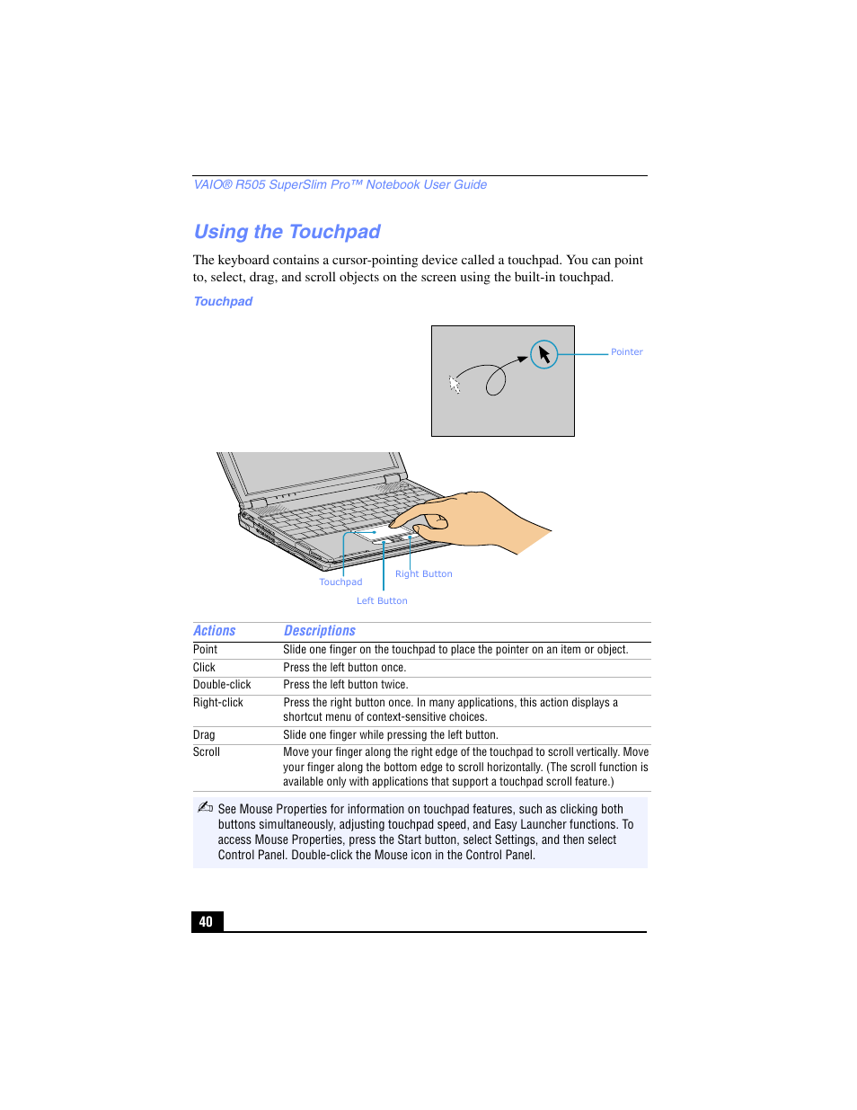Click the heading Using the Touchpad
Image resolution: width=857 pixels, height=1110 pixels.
pos(287,232)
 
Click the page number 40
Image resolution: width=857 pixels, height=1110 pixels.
pos(207,921)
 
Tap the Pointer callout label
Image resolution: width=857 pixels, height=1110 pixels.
pos(626,352)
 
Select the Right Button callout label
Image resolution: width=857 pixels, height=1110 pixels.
pos(423,574)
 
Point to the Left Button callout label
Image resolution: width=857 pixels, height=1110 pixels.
pos(382,601)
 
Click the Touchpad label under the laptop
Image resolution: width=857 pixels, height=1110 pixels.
pos(340,582)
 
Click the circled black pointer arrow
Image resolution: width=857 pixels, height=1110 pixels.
pos(544,354)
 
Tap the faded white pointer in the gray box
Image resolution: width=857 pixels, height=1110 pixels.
pos(455,385)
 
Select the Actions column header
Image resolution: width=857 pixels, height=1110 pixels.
pos(214,631)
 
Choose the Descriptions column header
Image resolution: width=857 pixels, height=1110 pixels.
pos(319,631)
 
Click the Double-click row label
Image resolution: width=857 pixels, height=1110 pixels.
pos(222,685)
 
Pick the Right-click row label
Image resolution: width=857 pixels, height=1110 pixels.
pos(217,703)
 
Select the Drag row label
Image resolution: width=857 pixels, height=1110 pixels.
pos(204,735)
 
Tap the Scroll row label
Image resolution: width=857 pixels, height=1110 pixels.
pos(206,752)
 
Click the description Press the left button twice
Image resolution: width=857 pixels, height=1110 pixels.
pos(345,685)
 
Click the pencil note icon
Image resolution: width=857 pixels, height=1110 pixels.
pos(205,807)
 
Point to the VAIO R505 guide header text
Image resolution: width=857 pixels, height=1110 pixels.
pos(340,185)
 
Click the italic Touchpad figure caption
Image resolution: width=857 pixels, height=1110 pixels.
pos(223,302)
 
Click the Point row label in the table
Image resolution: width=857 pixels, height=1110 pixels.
pos(205,650)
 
